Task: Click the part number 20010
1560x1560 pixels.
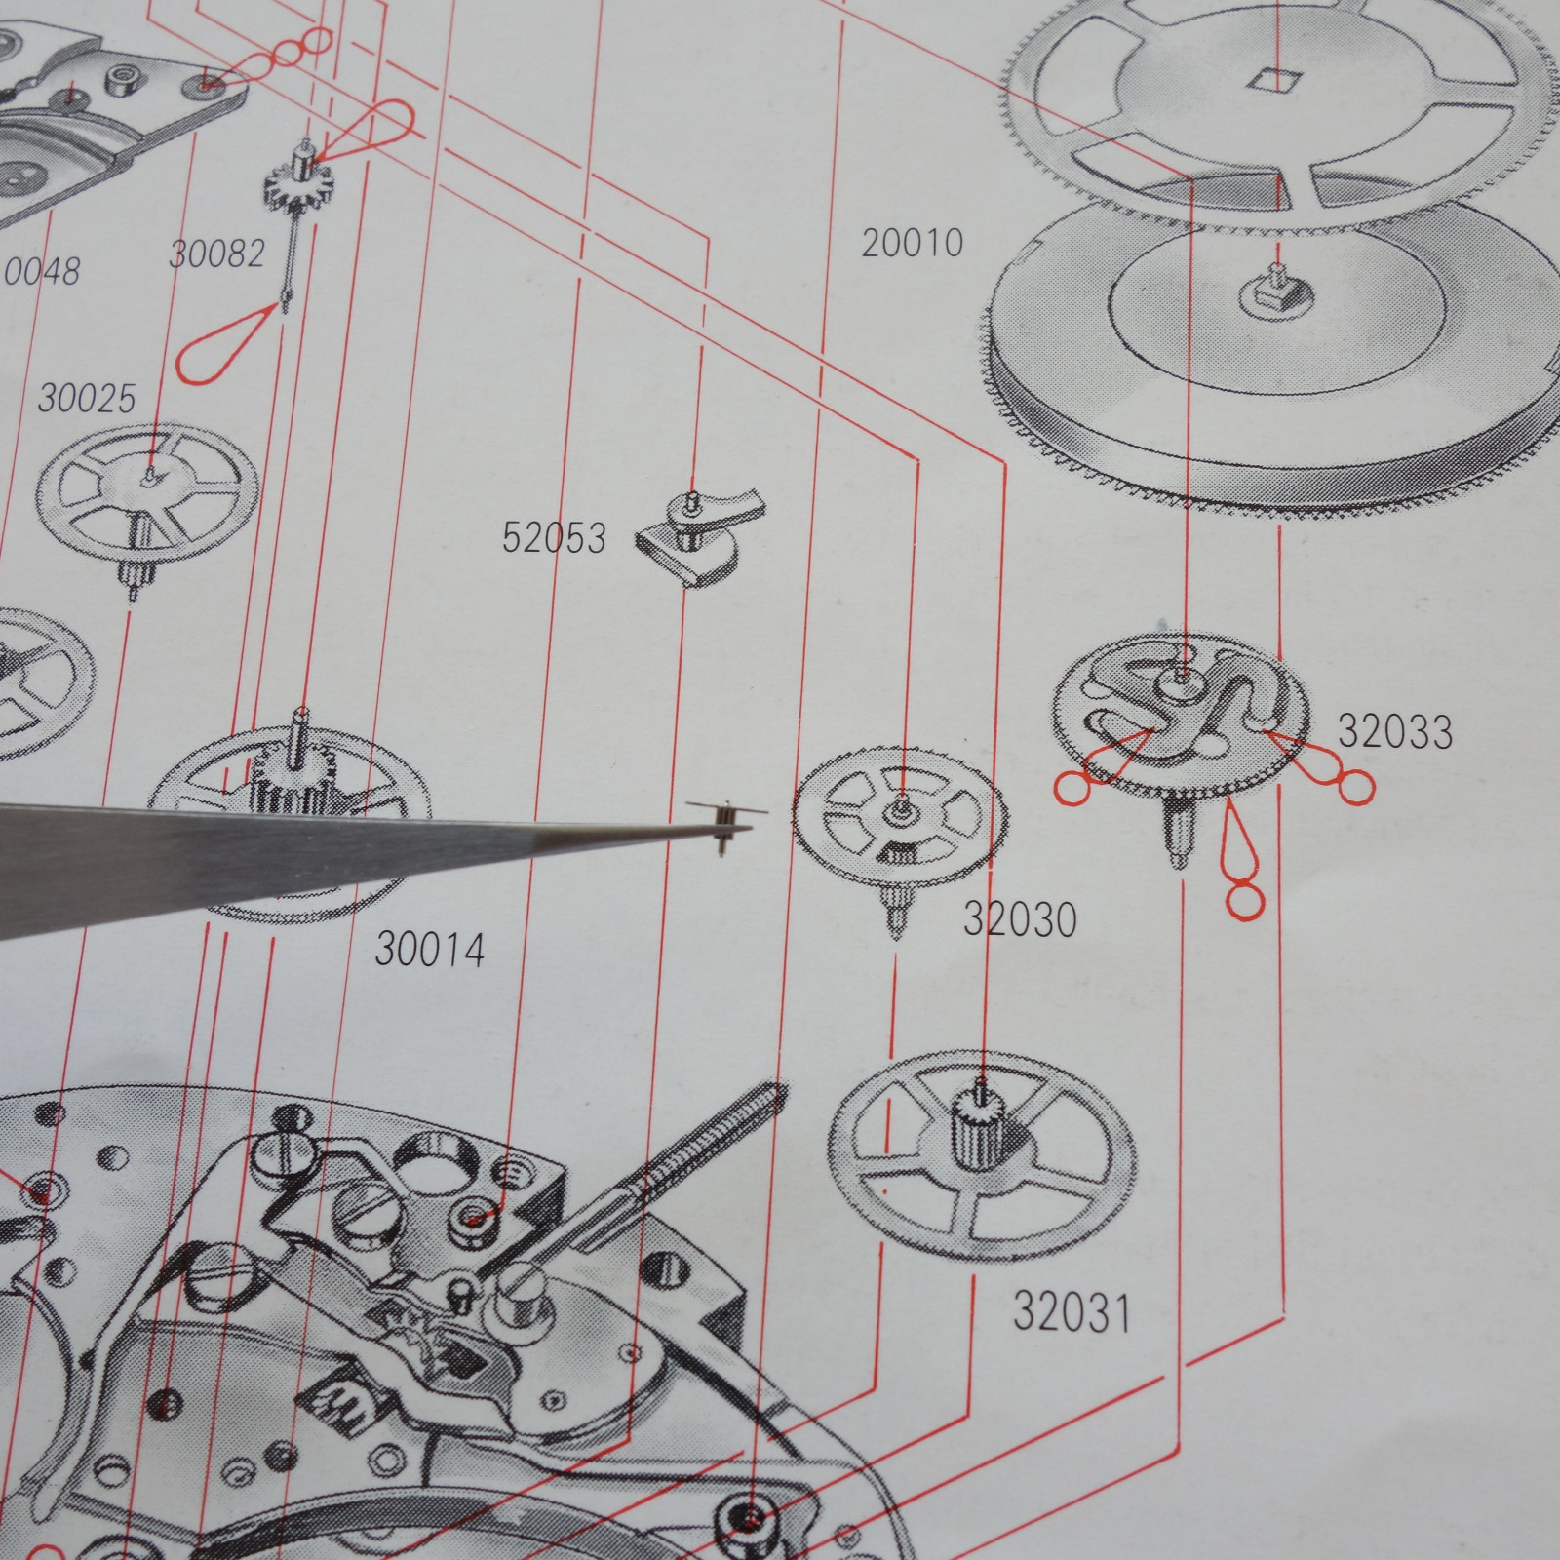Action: coord(912,243)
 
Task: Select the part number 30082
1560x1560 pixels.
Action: coord(216,253)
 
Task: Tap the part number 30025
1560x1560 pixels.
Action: coord(87,399)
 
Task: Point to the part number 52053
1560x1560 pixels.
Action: coord(553,537)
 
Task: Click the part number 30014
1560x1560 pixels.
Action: coord(430,949)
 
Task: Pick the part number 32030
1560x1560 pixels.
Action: coord(1020,918)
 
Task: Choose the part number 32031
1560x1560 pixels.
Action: coord(1072,1311)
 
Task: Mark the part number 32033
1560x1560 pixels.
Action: coord(1394,731)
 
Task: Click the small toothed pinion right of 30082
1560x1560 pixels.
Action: coord(299,179)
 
